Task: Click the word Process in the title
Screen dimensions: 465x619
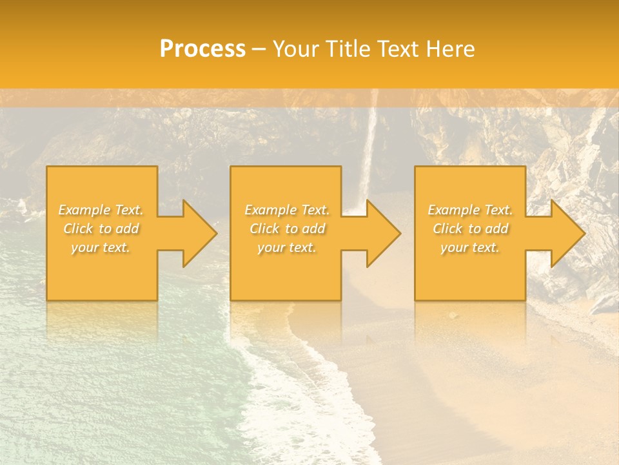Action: click(x=202, y=49)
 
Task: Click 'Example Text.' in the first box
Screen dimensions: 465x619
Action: click(x=101, y=210)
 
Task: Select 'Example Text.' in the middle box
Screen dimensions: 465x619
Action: click(x=287, y=210)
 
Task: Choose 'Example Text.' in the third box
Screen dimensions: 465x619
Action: click(x=470, y=210)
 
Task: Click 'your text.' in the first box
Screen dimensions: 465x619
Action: click(x=101, y=247)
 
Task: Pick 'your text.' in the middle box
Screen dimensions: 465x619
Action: click(x=287, y=247)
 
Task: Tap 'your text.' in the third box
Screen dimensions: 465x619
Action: click(x=470, y=247)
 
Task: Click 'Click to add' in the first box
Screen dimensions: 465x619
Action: click(x=101, y=229)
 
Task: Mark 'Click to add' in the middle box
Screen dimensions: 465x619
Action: click(x=287, y=229)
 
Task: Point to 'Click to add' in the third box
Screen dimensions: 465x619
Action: click(x=470, y=229)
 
